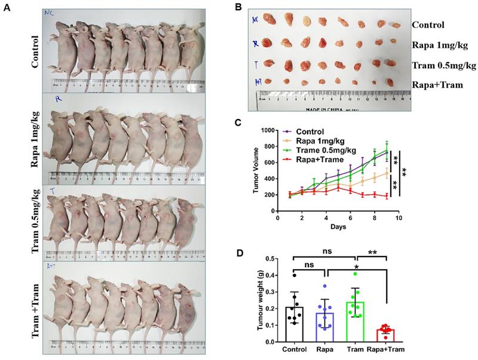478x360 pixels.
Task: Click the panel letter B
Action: pos(238,7)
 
